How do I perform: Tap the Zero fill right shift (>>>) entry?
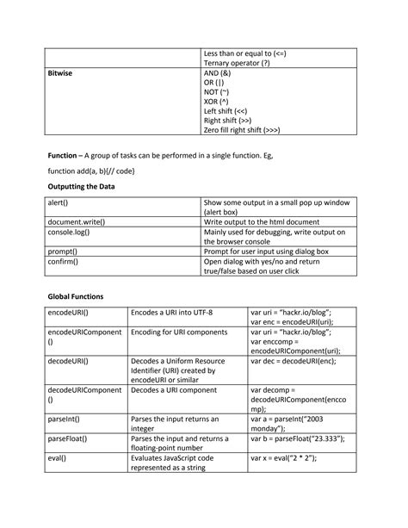click(x=242, y=130)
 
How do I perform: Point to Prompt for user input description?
click(x=266, y=252)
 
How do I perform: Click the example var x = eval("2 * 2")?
click(x=283, y=459)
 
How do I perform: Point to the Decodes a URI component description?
click(x=171, y=390)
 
